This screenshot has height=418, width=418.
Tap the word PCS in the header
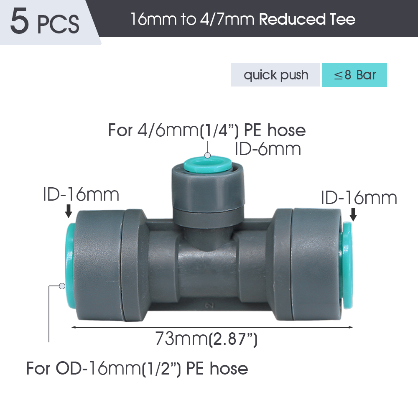pos(58,24)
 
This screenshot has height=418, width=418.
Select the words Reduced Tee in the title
pos(307,19)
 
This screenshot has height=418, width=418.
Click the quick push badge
pos(275,75)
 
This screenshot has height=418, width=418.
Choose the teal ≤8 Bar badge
pos(354,75)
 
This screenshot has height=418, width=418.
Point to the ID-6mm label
pos(268,149)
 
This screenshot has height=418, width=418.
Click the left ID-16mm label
pos(81,195)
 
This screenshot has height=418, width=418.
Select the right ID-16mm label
pos(359,198)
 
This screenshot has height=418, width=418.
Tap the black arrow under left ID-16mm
pos(69,211)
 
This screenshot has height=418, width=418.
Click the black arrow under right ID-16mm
pos(353,214)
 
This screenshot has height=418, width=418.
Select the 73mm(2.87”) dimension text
pos(206,339)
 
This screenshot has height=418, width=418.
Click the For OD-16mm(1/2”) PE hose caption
pos(137,369)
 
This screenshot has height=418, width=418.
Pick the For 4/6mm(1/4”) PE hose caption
pos(207,130)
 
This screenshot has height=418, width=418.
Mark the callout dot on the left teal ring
pos(62,286)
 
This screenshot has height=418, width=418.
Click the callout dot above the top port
pos(208,155)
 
